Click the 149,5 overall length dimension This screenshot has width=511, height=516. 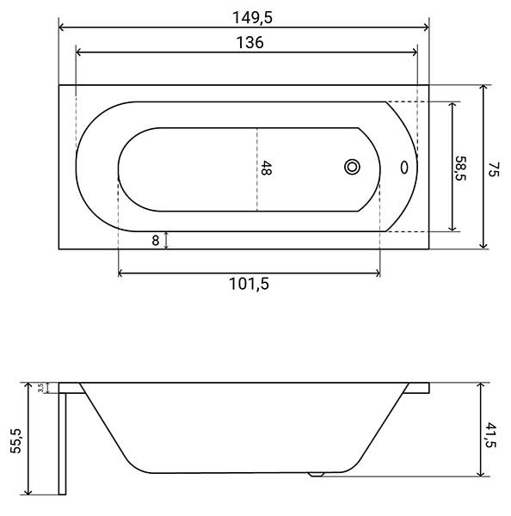[253, 18]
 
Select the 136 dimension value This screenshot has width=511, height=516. [249, 43]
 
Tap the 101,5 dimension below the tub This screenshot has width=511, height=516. [249, 284]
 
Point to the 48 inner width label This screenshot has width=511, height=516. [266, 168]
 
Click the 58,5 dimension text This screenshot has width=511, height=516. [460, 169]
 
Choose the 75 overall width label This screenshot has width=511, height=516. [493, 169]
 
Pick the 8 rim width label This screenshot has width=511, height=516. [156, 241]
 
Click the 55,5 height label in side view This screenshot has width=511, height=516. [15, 441]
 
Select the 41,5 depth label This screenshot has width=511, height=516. [490, 435]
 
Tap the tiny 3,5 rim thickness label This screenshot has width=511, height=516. [40, 388]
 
